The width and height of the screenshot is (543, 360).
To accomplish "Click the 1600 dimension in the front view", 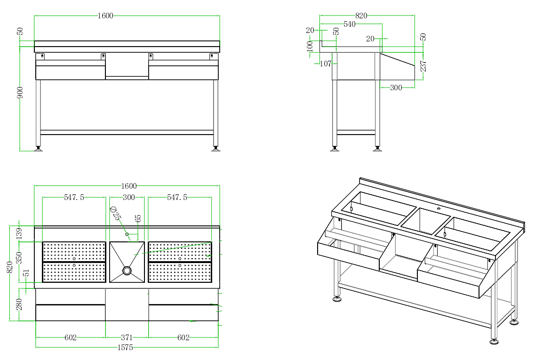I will [x=105, y=16].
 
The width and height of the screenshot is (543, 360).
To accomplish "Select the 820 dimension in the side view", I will [x=361, y=16].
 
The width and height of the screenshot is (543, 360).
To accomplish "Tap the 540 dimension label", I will [x=349, y=24].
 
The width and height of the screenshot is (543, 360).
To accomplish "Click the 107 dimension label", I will [x=325, y=64].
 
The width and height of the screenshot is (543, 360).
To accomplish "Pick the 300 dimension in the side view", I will [x=396, y=88].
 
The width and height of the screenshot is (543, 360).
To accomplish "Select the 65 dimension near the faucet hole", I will [x=138, y=219].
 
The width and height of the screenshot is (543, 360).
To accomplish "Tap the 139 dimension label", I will [x=19, y=234].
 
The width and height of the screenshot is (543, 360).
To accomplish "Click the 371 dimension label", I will [x=127, y=337].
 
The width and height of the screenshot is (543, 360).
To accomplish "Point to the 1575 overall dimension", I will [x=125, y=347].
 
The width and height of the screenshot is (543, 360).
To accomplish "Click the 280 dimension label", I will [x=19, y=304].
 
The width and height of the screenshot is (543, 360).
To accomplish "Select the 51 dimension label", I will [x=26, y=273].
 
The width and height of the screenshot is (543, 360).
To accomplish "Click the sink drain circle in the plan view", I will [x=127, y=271].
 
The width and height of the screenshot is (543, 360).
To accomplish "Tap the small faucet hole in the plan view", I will [x=127, y=234].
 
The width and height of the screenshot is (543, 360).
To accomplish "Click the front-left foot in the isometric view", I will [x=337, y=298].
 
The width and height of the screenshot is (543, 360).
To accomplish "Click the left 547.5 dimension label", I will [x=74, y=198].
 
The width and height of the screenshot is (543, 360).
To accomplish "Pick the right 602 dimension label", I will [x=184, y=337].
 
